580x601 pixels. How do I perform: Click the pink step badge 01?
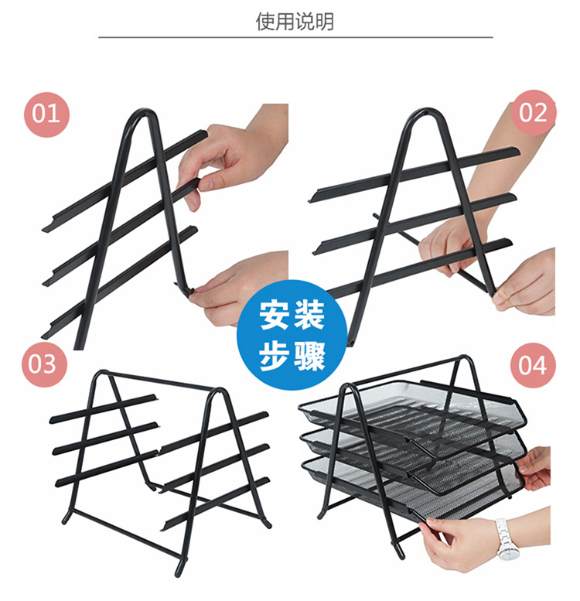46,114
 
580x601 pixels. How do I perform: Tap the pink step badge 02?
534,113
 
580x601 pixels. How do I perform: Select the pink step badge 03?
44,364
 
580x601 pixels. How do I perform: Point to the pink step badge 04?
533,365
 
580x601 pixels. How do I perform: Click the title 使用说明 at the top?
295,22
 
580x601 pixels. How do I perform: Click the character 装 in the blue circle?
309,316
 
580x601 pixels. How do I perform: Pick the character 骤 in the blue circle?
309,356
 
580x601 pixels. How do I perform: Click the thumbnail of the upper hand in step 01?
206,184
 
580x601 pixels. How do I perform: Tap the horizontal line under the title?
295,38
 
